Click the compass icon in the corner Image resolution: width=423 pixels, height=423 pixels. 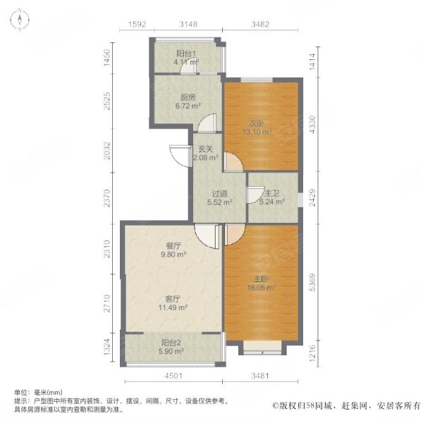pos(20,20)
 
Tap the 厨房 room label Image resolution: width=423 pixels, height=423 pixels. pos(188,97)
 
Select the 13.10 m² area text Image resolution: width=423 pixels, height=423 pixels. pos(257,132)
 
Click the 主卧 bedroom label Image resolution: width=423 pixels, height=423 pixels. pos(261,279)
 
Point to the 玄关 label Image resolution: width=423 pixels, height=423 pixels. pos(206,149)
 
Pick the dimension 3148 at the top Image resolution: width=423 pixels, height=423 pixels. pos(188,24)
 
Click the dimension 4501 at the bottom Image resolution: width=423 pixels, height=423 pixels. pos(173,376)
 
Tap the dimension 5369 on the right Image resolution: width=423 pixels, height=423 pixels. pos(312,282)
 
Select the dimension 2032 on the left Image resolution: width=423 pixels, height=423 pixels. pos(107,151)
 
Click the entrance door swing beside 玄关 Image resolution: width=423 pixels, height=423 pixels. pos(181,157)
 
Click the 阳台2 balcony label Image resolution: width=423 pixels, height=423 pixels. pos(171,343)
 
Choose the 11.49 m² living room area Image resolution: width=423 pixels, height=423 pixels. pos(173,307)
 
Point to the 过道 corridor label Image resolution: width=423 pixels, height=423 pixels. pos(219,194)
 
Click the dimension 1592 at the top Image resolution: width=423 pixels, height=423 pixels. pos(137,24)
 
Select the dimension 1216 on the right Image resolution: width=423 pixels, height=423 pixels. pos(312,353)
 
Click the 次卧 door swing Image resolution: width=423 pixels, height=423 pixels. pos(233,162)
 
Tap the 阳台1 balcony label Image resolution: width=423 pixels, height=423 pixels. pos(186,54)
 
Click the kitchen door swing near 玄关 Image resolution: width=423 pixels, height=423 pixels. pos(207,123)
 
